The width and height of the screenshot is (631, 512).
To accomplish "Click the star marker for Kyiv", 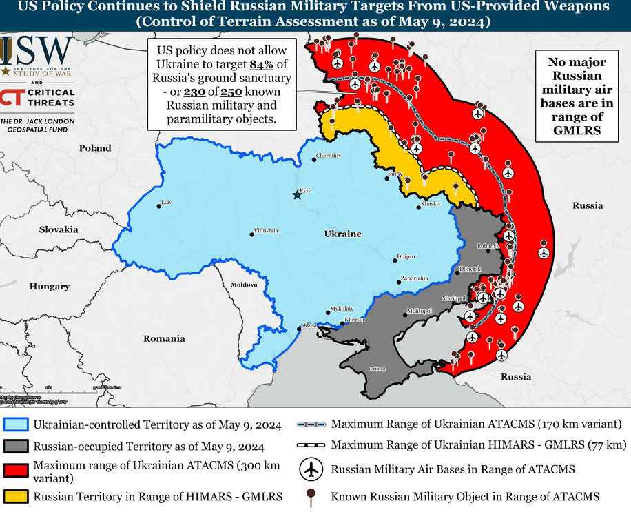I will coord(297,195).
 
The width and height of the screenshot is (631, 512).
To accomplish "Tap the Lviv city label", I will coord(165,202).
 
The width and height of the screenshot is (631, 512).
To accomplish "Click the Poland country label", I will coord(95,148).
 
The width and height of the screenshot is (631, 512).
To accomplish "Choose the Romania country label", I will coord(164,338).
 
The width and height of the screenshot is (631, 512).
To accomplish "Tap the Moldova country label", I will coord(243,284).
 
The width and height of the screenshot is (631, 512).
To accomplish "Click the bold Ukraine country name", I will coord(342,234).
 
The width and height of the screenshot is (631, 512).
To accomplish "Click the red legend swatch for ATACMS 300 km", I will coord(15,471).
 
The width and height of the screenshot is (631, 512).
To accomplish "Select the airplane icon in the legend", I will coord(312,470).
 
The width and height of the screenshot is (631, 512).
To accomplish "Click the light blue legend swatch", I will coord(15,425).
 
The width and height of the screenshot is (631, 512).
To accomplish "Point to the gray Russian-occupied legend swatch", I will coord(15,447).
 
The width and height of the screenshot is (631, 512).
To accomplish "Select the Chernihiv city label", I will coord(329,156).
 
